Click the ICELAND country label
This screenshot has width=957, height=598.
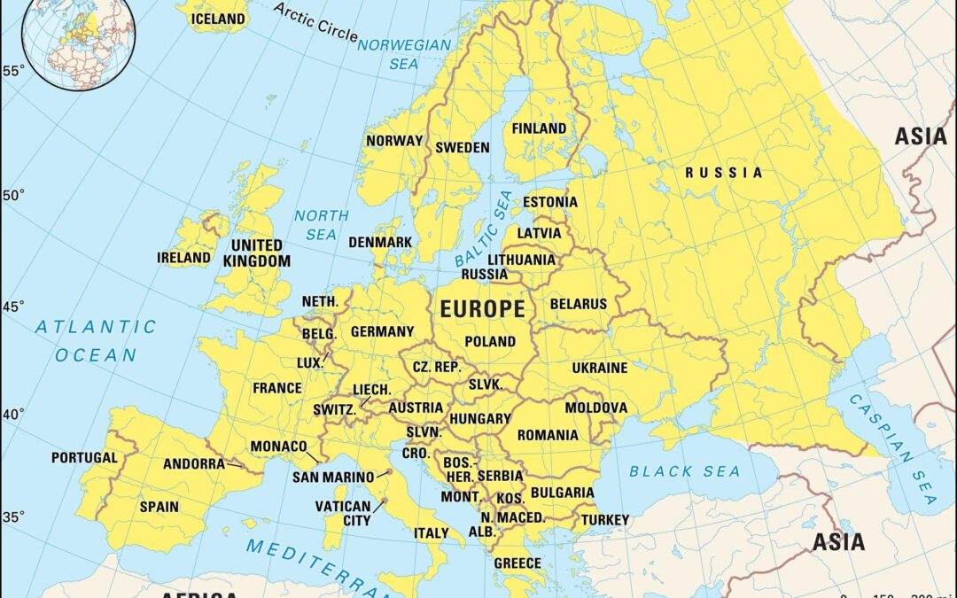point(217,18)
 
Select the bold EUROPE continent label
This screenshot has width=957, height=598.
point(482,309)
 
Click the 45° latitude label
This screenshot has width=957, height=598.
point(13,307)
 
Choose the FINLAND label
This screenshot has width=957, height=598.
point(539,128)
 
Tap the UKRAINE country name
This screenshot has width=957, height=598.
point(599,368)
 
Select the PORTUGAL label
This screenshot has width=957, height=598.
point(84,458)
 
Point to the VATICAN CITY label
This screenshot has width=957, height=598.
point(344,514)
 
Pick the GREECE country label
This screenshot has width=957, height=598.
point(517,563)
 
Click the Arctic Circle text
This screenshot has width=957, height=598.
point(315,23)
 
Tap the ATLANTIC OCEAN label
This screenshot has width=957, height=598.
point(96,341)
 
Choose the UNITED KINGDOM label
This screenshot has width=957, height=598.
point(257,252)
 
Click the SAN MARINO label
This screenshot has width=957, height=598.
point(333,478)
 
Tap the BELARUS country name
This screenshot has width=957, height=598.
point(579,304)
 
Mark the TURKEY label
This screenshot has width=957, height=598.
point(605,519)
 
